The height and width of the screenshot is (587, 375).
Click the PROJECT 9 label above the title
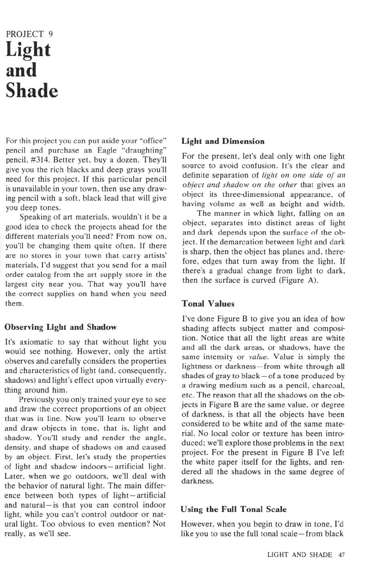pyautogui.click(x=29, y=34)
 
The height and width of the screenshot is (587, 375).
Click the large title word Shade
pyautogui.click(x=32, y=91)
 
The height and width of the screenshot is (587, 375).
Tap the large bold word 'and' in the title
pyautogui.click(x=21, y=70)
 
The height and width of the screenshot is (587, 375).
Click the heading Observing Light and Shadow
pyautogui.click(x=60, y=327)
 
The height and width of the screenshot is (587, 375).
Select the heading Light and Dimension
pyautogui.click(x=223, y=141)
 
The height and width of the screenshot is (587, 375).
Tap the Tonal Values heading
pyautogui.click(x=208, y=304)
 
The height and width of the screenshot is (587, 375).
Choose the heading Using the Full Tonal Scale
pyautogui.click(x=233, y=509)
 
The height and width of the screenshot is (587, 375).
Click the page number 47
pyautogui.click(x=342, y=555)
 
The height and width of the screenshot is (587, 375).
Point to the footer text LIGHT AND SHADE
pyautogui.click(x=300, y=555)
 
